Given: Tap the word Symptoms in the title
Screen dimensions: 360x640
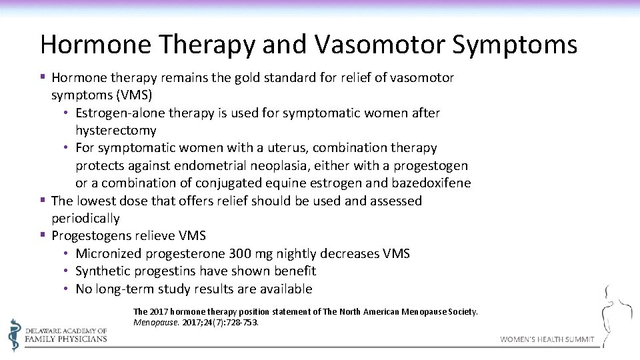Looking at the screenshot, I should (514, 45).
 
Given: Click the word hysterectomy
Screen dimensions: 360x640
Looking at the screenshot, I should (115, 131).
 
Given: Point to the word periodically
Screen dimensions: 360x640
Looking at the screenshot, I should (85, 219).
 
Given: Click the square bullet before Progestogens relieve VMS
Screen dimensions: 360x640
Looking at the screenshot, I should (43, 235).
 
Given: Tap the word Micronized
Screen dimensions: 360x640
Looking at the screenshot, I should (108, 254).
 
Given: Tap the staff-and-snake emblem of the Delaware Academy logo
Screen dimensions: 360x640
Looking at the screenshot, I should (14, 334).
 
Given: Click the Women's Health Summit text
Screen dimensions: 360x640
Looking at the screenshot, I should (547, 339).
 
